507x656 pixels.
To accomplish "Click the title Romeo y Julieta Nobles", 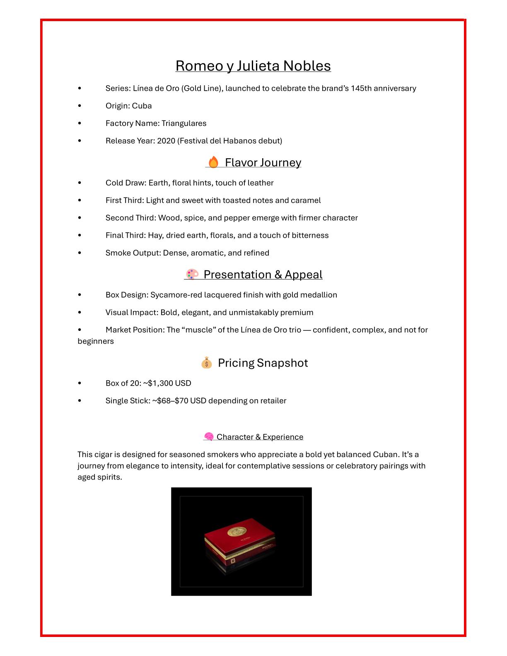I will click(x=253, y=66).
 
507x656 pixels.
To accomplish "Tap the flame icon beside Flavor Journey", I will click(x=213, y=162).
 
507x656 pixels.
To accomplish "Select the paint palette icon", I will click(x=192, y=274).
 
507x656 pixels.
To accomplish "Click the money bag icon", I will click(x=206, y=363).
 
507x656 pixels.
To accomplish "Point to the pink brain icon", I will click(x=209, y=437).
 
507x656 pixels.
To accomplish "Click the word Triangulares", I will click(x=184, y=123).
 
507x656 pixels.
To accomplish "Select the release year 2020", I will click(x=166, y=141).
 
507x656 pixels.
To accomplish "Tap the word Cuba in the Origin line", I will click(x=142, y=106).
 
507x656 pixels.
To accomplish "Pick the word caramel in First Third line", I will click(x=306, y=200).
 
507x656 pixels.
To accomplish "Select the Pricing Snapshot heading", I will click(x=263, y=363).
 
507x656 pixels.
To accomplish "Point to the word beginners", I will click(x=96, y=341).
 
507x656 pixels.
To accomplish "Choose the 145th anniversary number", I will click(x=361, y=89).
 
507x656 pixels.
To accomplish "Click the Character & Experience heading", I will click(x=260, y=437).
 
